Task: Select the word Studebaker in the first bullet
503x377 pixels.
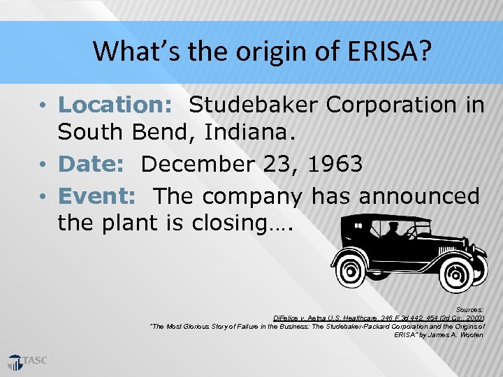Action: pos(254,105)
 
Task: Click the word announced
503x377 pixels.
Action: pos(419,195)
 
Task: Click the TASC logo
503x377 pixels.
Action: pos(28,361)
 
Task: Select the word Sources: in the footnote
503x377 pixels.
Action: pos(469,309)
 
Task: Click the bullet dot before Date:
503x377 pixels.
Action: pos(43,165)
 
